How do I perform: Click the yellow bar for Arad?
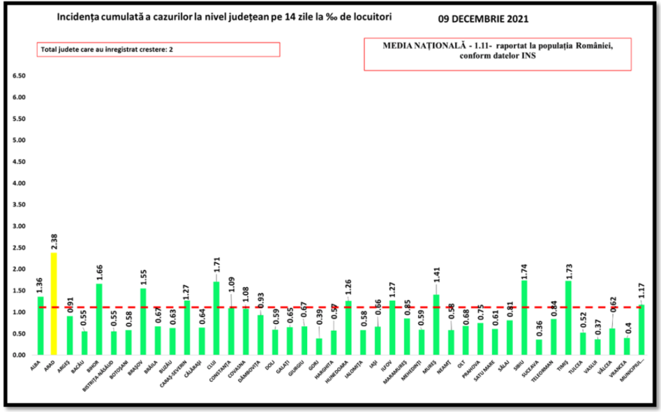pyautogui.click(x=54, y=304)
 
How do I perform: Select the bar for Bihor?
pyautogui.click(x=98, y=319)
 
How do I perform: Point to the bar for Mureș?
pyautogui.click(x=436, y=324)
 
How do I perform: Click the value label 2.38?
pyautogui.click(x=54, y=242)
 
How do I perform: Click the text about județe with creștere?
pyautogui.click(x=110, y=50)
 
